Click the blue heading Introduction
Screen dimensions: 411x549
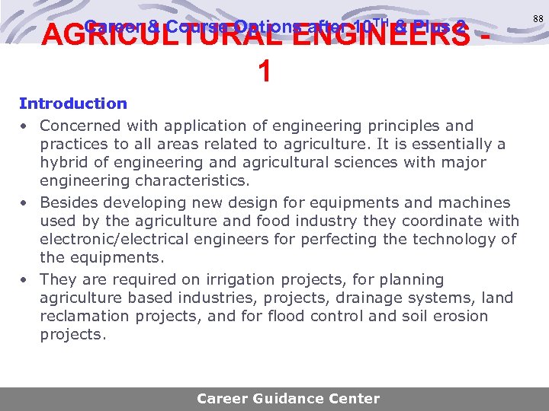tap(73, 104)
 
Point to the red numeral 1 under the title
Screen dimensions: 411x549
tap(264, 72)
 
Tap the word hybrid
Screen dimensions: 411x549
tap(65, 162)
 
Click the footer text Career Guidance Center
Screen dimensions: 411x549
tap(287, 398)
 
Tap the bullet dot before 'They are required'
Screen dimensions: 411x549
tap(25, 280)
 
